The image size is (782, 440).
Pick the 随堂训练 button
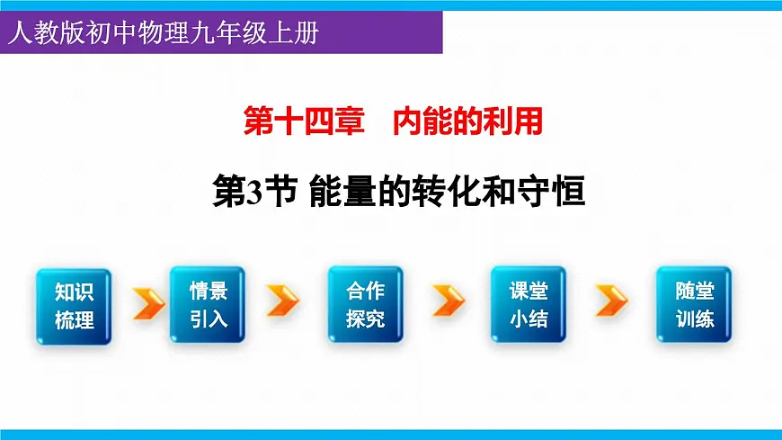tap(694, 304)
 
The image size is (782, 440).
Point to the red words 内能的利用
tap(468, 121)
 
